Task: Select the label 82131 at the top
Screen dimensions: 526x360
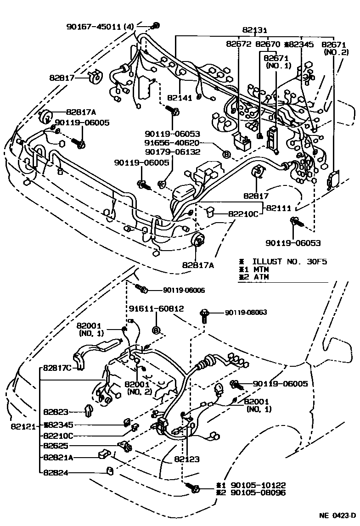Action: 255,30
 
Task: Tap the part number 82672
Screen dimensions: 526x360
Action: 238,44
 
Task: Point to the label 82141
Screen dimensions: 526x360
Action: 180,98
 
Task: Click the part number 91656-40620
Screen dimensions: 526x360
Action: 173,143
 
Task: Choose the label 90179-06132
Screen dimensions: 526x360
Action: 173,152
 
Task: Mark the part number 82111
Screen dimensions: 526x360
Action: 279,207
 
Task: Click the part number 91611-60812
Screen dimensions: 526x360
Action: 156,309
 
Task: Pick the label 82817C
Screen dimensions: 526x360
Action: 58,368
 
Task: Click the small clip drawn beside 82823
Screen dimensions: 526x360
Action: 89,409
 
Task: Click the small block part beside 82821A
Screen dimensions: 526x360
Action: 103,455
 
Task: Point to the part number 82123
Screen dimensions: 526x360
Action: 187,459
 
